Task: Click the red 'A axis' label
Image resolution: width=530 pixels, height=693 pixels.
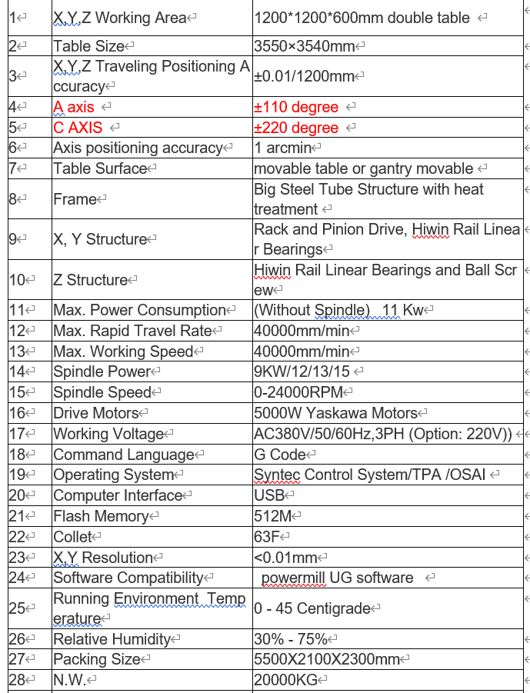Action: (74, 107)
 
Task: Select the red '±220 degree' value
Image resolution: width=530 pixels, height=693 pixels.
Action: (296, 128)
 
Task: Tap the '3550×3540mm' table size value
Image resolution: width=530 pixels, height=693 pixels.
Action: (304, 46)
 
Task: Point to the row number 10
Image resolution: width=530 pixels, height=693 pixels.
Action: (17, 280)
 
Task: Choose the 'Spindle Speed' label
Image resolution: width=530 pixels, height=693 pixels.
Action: (102, 392)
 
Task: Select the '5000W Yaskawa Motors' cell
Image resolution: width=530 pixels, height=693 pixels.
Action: (335, 413)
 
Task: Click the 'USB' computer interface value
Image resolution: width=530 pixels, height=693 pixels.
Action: (268, 495)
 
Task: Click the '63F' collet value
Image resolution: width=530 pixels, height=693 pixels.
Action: (268, 537)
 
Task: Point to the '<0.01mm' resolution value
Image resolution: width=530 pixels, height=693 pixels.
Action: (285, 558)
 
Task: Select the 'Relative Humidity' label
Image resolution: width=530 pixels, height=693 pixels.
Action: (112, 639)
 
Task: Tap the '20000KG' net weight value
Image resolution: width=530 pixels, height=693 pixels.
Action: (285, 680)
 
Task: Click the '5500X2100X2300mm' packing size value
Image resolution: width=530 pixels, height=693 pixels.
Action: (327, 659)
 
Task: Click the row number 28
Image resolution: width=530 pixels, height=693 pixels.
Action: (17, 680)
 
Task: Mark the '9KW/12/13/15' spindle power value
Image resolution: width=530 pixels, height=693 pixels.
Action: (302, 371)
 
